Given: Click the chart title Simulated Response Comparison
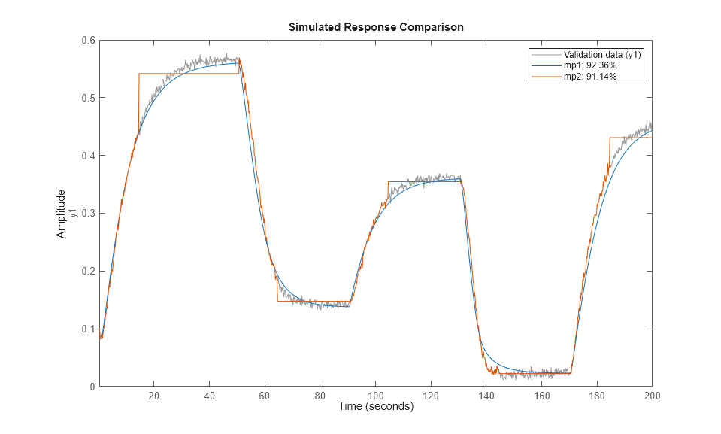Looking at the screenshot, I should tap(376, 26).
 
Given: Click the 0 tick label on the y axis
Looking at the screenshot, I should tap(91, 387).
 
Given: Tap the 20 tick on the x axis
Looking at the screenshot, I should tap(153, 396).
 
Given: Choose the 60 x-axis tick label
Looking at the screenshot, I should tap(265, 396).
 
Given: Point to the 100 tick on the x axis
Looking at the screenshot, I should tap(375, 396).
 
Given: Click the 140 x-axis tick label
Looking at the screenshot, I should tap(486, 396).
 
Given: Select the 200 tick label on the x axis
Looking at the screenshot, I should tap(651, 396).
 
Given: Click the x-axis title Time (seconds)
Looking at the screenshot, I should tap(375, 408).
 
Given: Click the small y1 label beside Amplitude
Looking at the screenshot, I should tap(73, 214).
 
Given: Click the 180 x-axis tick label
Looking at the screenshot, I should tap(596, 396).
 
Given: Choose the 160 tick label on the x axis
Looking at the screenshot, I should tap(541, 396).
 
